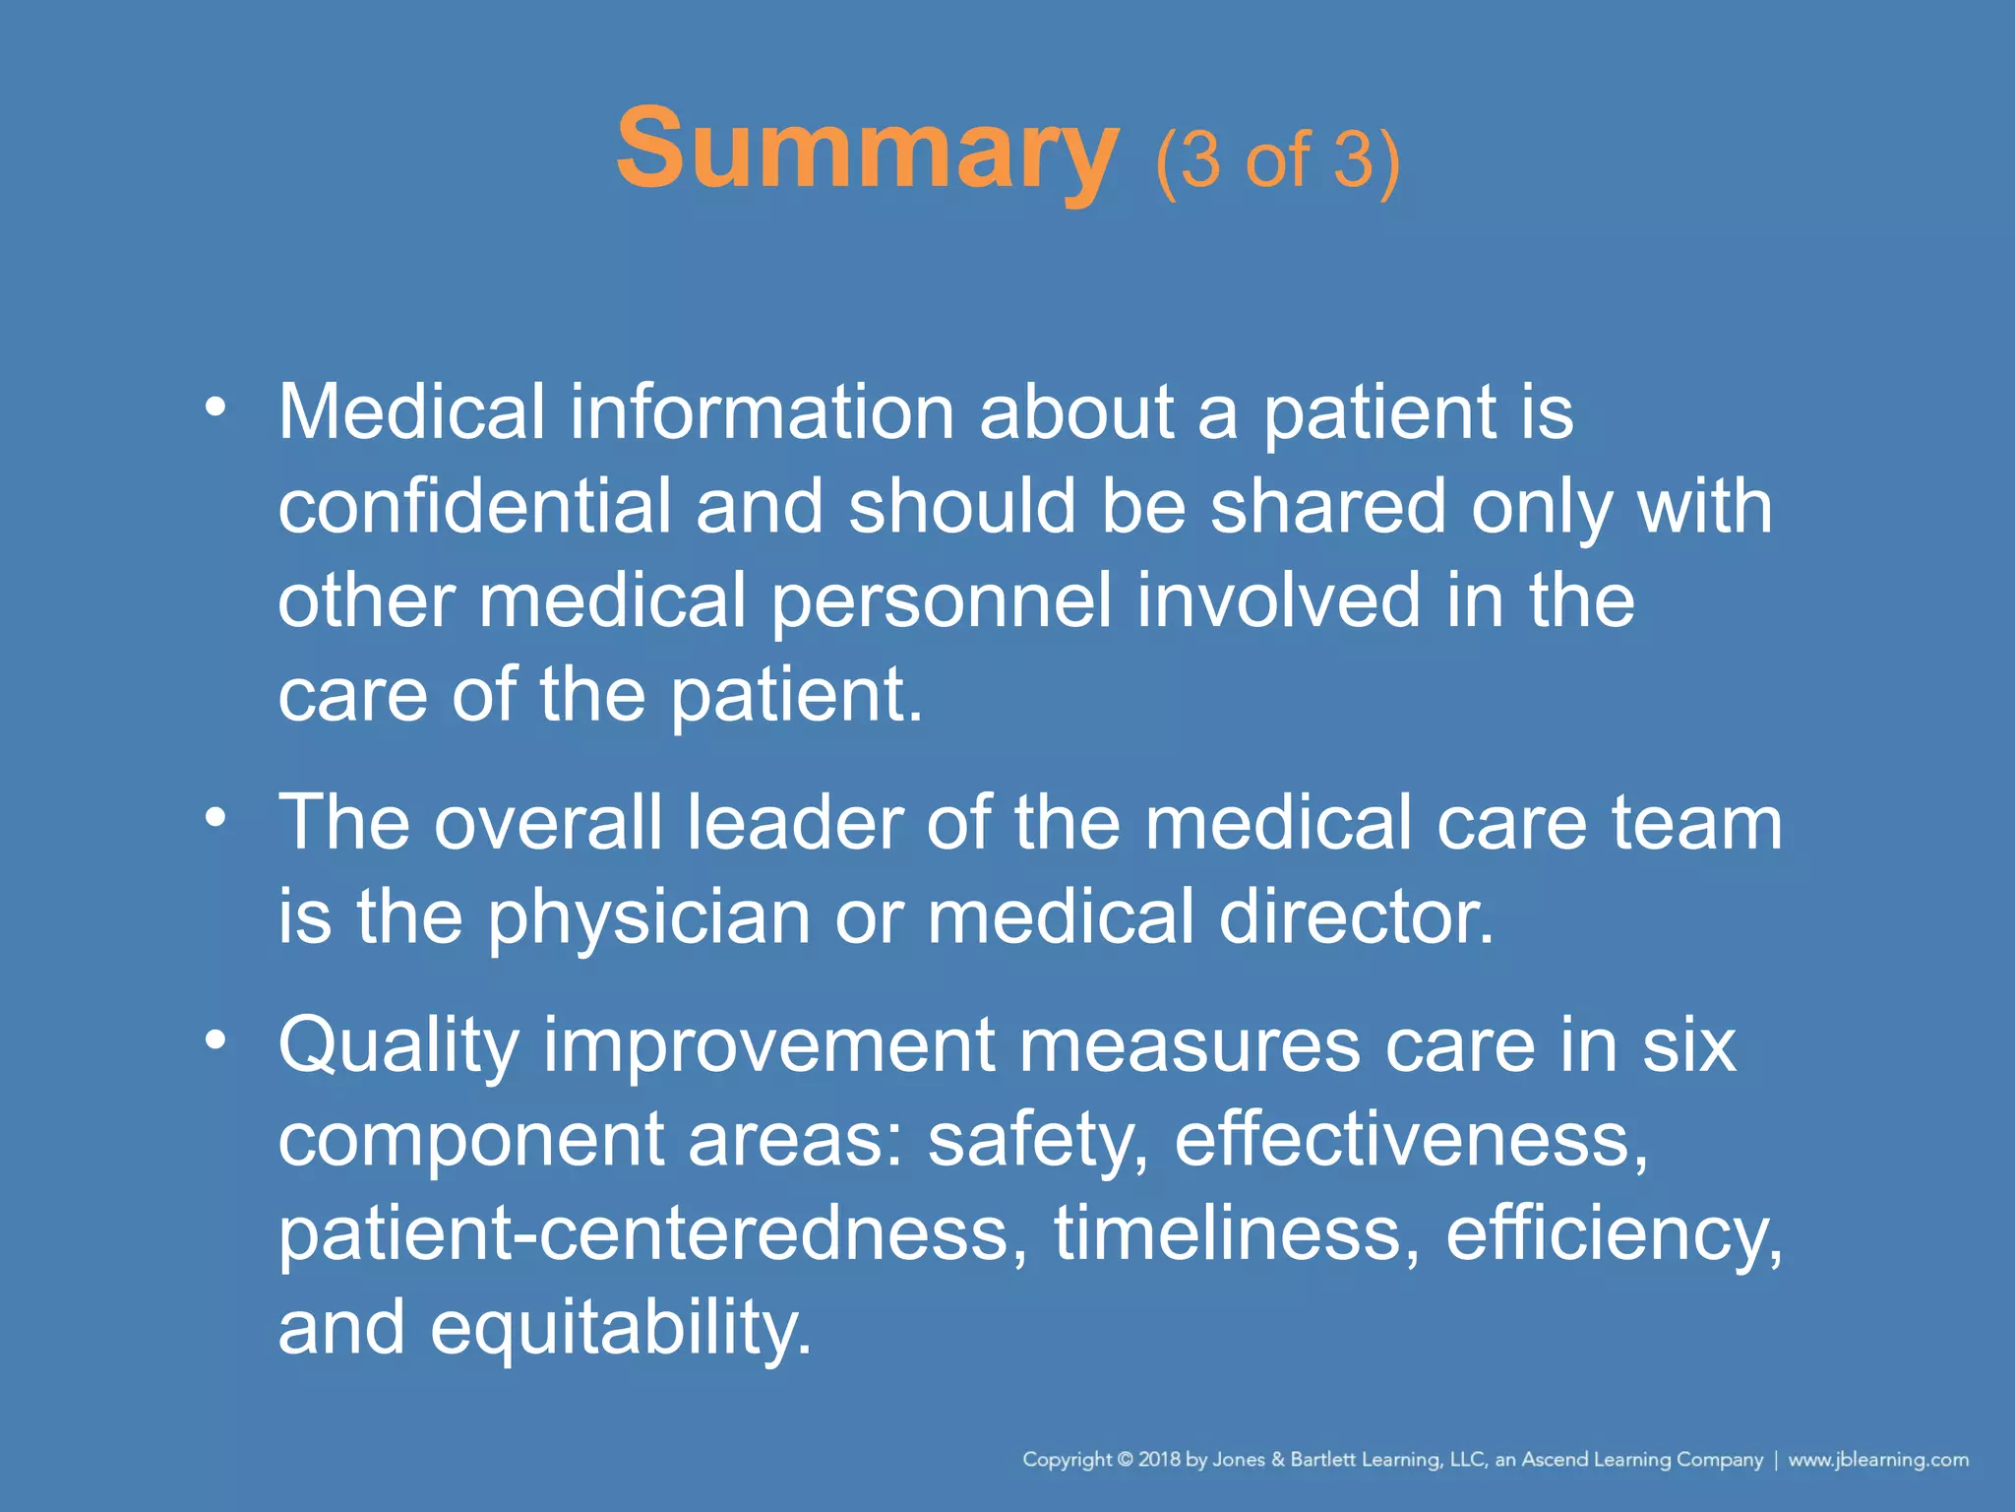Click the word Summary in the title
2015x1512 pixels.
(866, 151)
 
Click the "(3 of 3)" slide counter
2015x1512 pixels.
(1277, 159)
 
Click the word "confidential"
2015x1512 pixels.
(474, 506)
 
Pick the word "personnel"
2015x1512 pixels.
(942, 600)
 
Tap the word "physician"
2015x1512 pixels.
(649, 917)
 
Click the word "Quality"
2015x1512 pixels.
(398, 1045)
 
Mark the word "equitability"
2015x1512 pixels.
(621, 1329)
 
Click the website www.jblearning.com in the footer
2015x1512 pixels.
(1878, 1460)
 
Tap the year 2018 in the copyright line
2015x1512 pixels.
(1160, 1460)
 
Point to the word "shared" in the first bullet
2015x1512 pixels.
(1327, 506)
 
